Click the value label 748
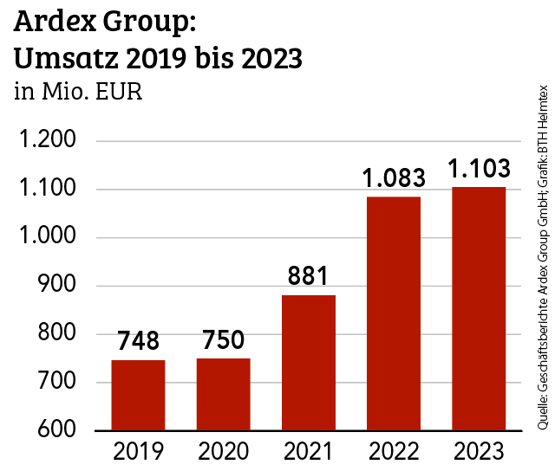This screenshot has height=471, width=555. coord(138,341)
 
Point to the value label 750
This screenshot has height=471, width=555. coord(223,340)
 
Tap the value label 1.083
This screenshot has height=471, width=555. coord(394,178)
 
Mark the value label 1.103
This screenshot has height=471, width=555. coord(479,169)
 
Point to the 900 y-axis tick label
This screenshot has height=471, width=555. coord(58,286)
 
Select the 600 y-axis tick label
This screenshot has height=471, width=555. coord(58,430)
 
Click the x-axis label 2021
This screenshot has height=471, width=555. coord(308,451)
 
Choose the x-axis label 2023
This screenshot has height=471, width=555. coord(479,451)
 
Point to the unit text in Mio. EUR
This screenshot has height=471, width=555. coord(78,91)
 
